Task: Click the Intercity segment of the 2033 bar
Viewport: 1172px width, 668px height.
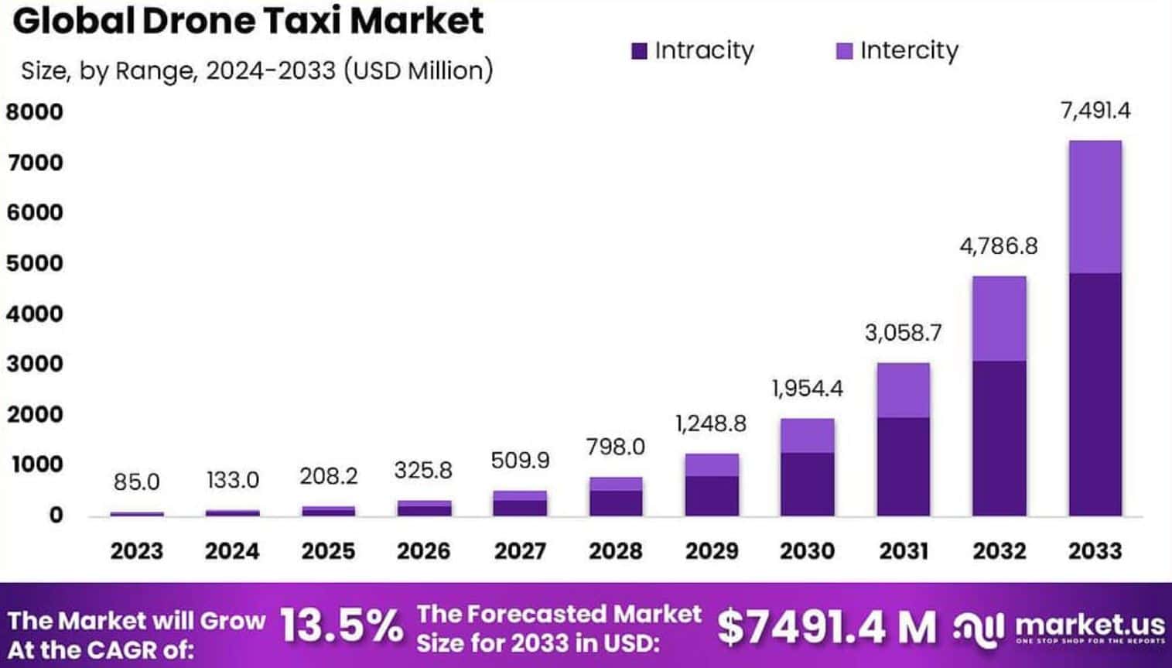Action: [1095, 207]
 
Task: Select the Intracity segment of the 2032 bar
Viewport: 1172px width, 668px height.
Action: [999, 438]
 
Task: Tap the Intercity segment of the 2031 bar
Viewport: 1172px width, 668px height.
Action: [903, 390]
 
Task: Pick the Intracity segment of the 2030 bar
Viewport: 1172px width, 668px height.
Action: [807, 485]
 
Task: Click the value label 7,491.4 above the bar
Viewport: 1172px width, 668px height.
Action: [1095, 111]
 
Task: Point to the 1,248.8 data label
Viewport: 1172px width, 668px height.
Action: [711, 423]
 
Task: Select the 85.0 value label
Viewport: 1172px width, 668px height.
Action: [136, 481]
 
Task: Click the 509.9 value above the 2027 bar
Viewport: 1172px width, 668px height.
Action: [520, 461]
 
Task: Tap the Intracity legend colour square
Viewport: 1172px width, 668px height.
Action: [639, 51]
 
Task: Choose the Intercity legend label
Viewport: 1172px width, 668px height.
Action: [909, 50]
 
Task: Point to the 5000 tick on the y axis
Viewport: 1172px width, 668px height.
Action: [35, 263]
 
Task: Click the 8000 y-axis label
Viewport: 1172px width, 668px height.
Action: [35, 112]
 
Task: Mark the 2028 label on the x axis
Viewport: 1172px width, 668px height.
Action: [616, 551]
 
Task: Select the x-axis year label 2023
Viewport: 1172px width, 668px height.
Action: [136, 551]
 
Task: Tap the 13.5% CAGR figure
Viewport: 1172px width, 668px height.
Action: [340, 625]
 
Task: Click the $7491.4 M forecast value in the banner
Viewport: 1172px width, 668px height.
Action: [825, 627]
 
